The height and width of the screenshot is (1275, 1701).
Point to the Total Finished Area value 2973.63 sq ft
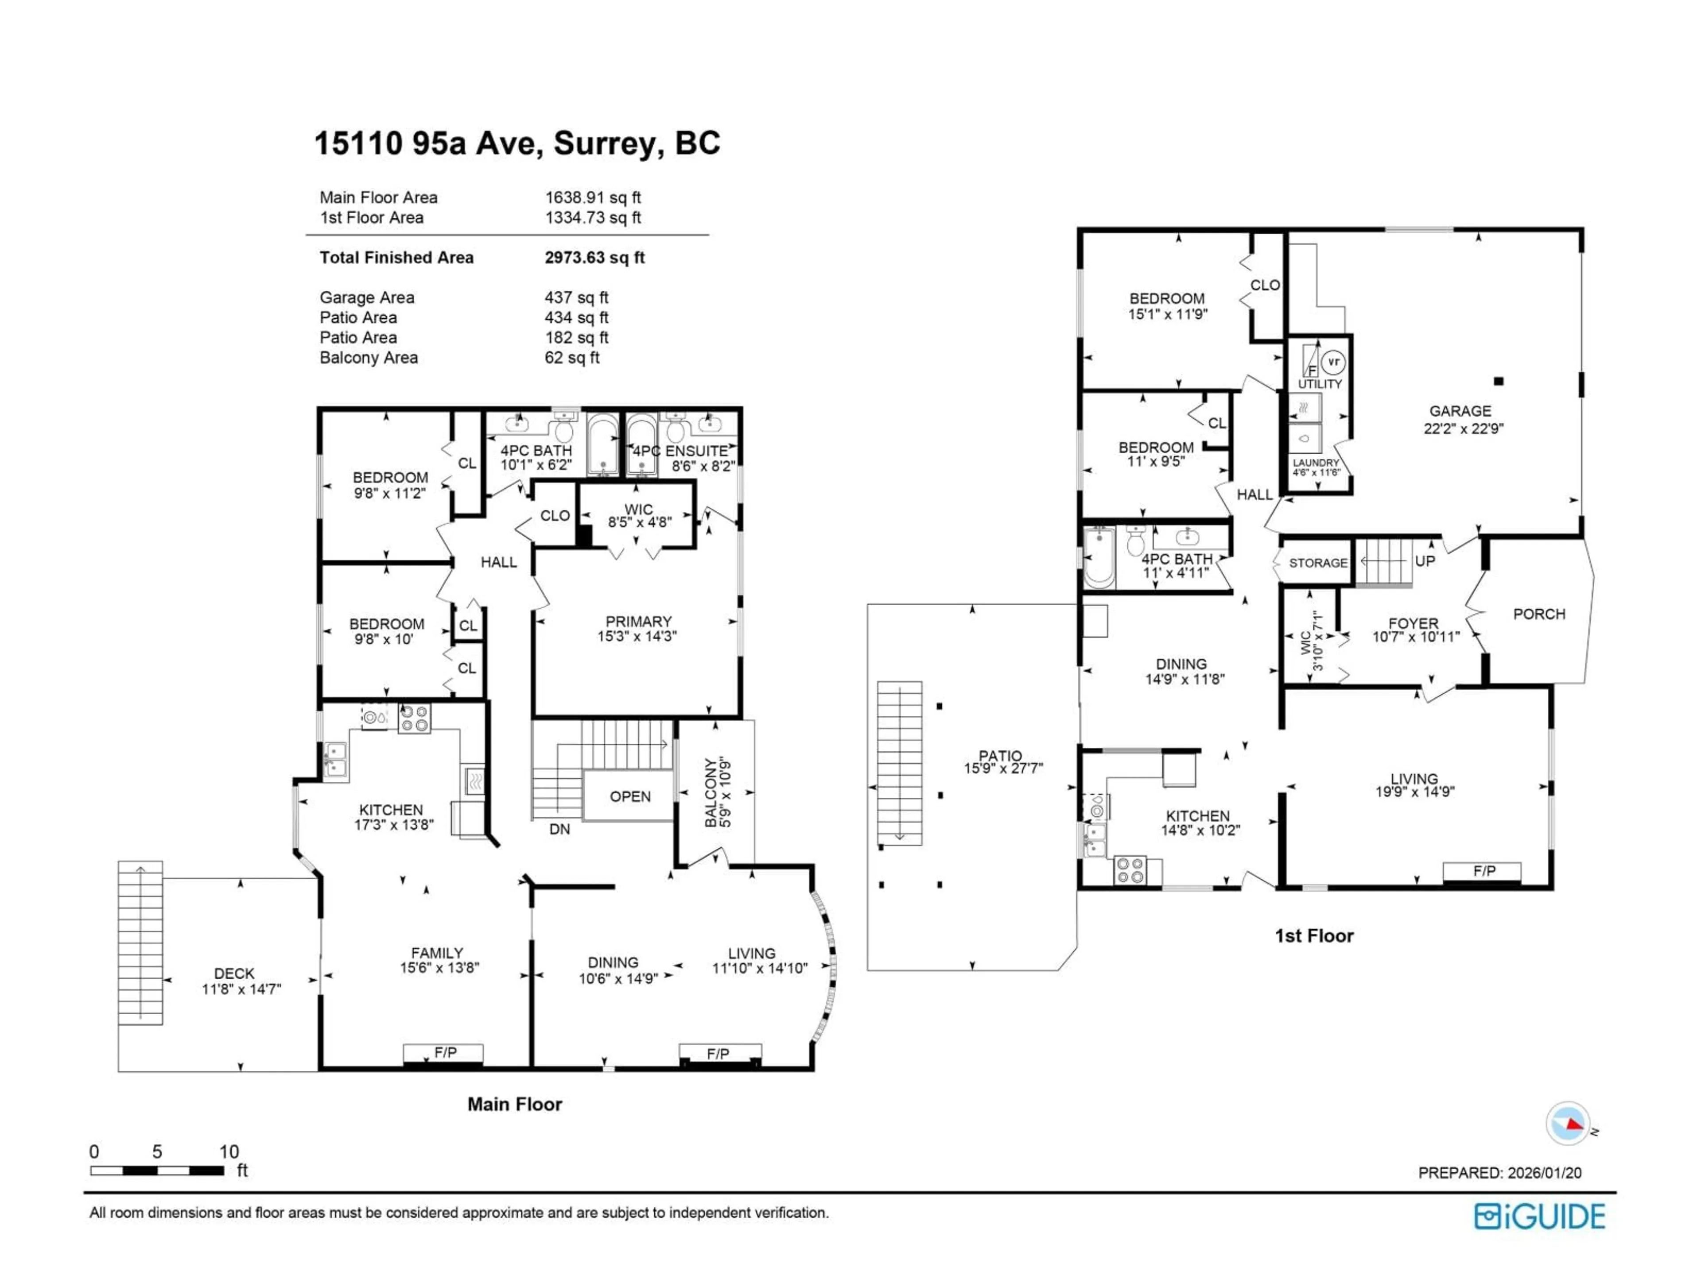[594, 258]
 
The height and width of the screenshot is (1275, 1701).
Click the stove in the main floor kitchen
[414, 719]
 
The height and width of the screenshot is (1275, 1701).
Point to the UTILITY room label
[1320, 383]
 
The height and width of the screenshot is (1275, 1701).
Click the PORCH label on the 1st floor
[1539, 614]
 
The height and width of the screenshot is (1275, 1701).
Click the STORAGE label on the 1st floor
[1318, 563]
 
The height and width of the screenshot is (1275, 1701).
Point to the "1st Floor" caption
[1313, 936]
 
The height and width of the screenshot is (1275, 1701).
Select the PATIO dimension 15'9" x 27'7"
[1003, 768]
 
